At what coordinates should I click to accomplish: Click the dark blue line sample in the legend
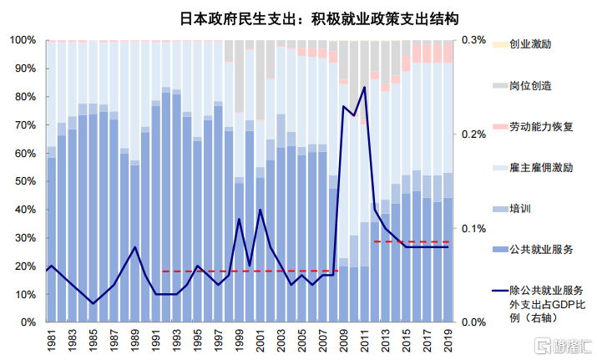(x=500, y=291)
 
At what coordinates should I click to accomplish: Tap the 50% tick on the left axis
(x=26, y=181)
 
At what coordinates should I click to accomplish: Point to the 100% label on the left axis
(x=23, y=40)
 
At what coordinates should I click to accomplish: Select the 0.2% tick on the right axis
(x=473, y=134)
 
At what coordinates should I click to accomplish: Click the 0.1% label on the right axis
(x=473, y=229)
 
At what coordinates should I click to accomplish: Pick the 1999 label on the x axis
(x=240, y=340)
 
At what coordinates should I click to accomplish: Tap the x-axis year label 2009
(x=344, y=340)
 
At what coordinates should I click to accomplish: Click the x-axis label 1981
(x=52, y=340)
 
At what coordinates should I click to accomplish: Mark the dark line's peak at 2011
(x=364, y=87)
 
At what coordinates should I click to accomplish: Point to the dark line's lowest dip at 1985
(x=93, y=303)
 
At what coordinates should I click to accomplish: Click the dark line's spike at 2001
(x=260, y=210)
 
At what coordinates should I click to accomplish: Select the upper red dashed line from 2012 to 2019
(x=412, y=241)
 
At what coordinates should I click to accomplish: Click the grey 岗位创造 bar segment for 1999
(x=239, y=76)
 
